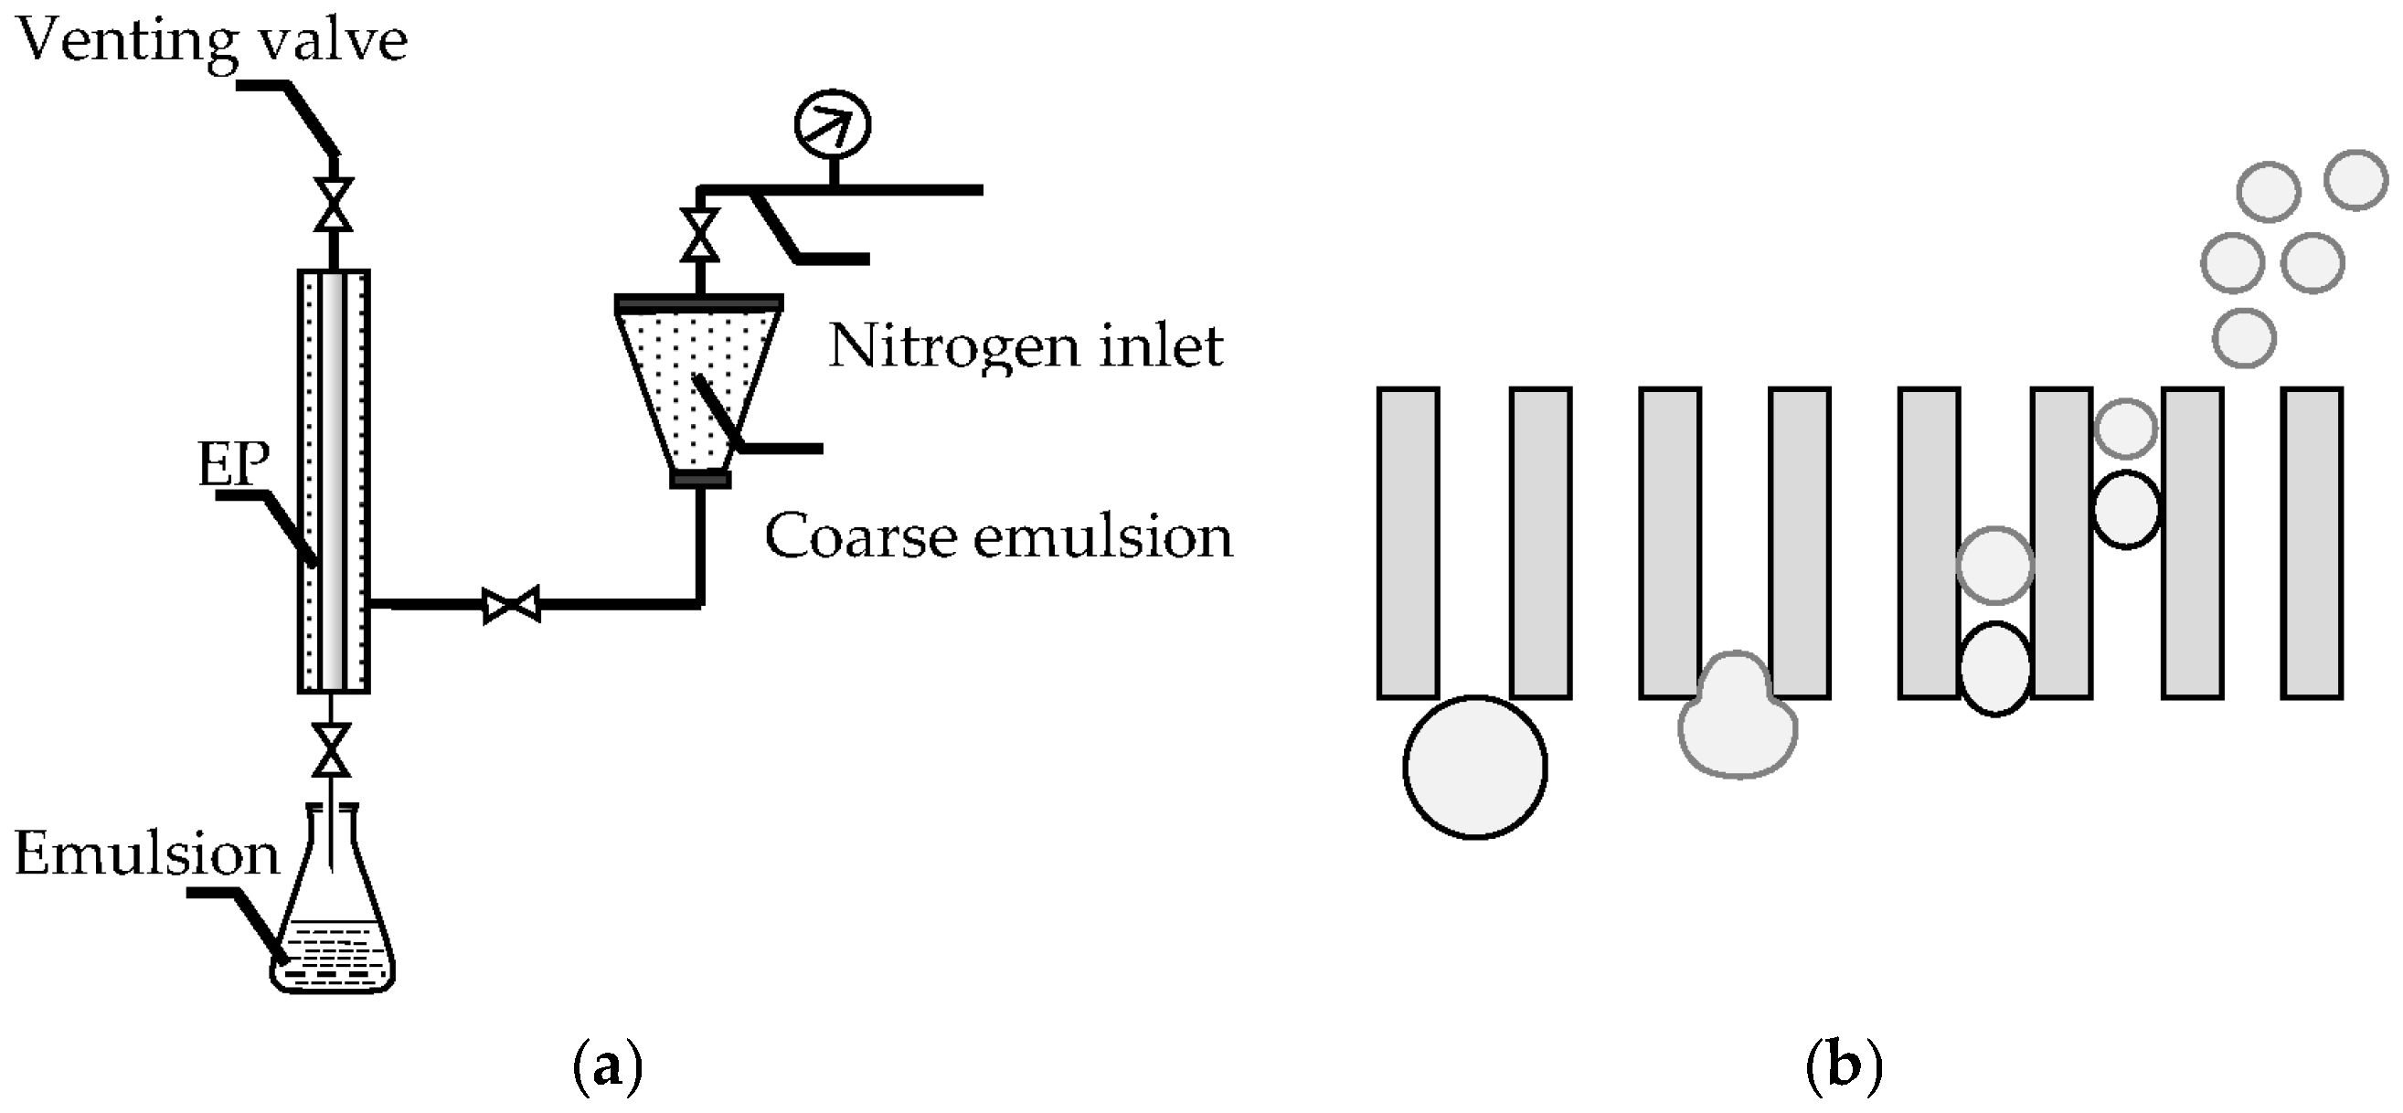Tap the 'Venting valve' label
coord(213,40)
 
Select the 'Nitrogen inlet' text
coord(1026,346)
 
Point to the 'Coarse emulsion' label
coord(998,536)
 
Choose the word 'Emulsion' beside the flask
coord(146,853)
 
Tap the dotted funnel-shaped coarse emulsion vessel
coord(698,383)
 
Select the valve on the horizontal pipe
coord(511,605)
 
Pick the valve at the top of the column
coord(333,206)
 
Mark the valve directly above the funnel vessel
coord(699,234)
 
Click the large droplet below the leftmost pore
coord(1475,767)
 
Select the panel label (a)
coord(607,1065)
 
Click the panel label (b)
coord(1844,1065)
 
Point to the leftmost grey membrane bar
coord(1408,542)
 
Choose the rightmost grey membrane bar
coord(2312,542)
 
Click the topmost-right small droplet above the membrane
coord(2355,180)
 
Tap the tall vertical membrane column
coord(333,482)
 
